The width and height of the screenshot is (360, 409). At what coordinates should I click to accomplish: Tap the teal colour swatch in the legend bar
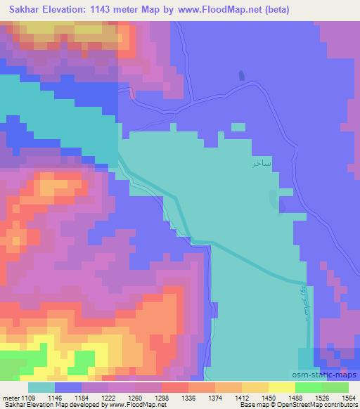(41, 387)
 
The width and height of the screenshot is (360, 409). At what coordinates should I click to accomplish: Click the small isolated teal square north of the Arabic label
(238, 127)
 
